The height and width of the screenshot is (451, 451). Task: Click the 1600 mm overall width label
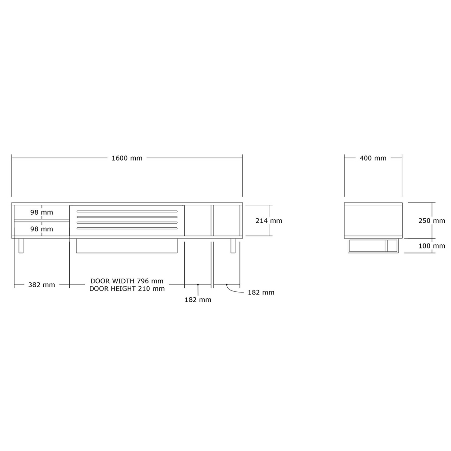pos(127,158)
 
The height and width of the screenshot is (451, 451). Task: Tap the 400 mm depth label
pos(373,158)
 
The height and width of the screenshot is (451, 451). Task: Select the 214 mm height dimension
pos(269,221)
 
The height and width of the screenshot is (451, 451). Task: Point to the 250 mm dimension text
pos(432,221)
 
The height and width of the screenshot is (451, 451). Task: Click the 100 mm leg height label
pos(432,246)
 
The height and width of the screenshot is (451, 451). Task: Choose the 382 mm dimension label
pos(41,285)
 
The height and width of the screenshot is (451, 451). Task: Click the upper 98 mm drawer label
pos(41,212)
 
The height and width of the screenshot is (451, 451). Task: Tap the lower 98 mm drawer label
pos(41,229)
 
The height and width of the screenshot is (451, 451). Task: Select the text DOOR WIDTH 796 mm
pos(127,281)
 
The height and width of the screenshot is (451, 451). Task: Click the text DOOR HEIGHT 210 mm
pos(127,289)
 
